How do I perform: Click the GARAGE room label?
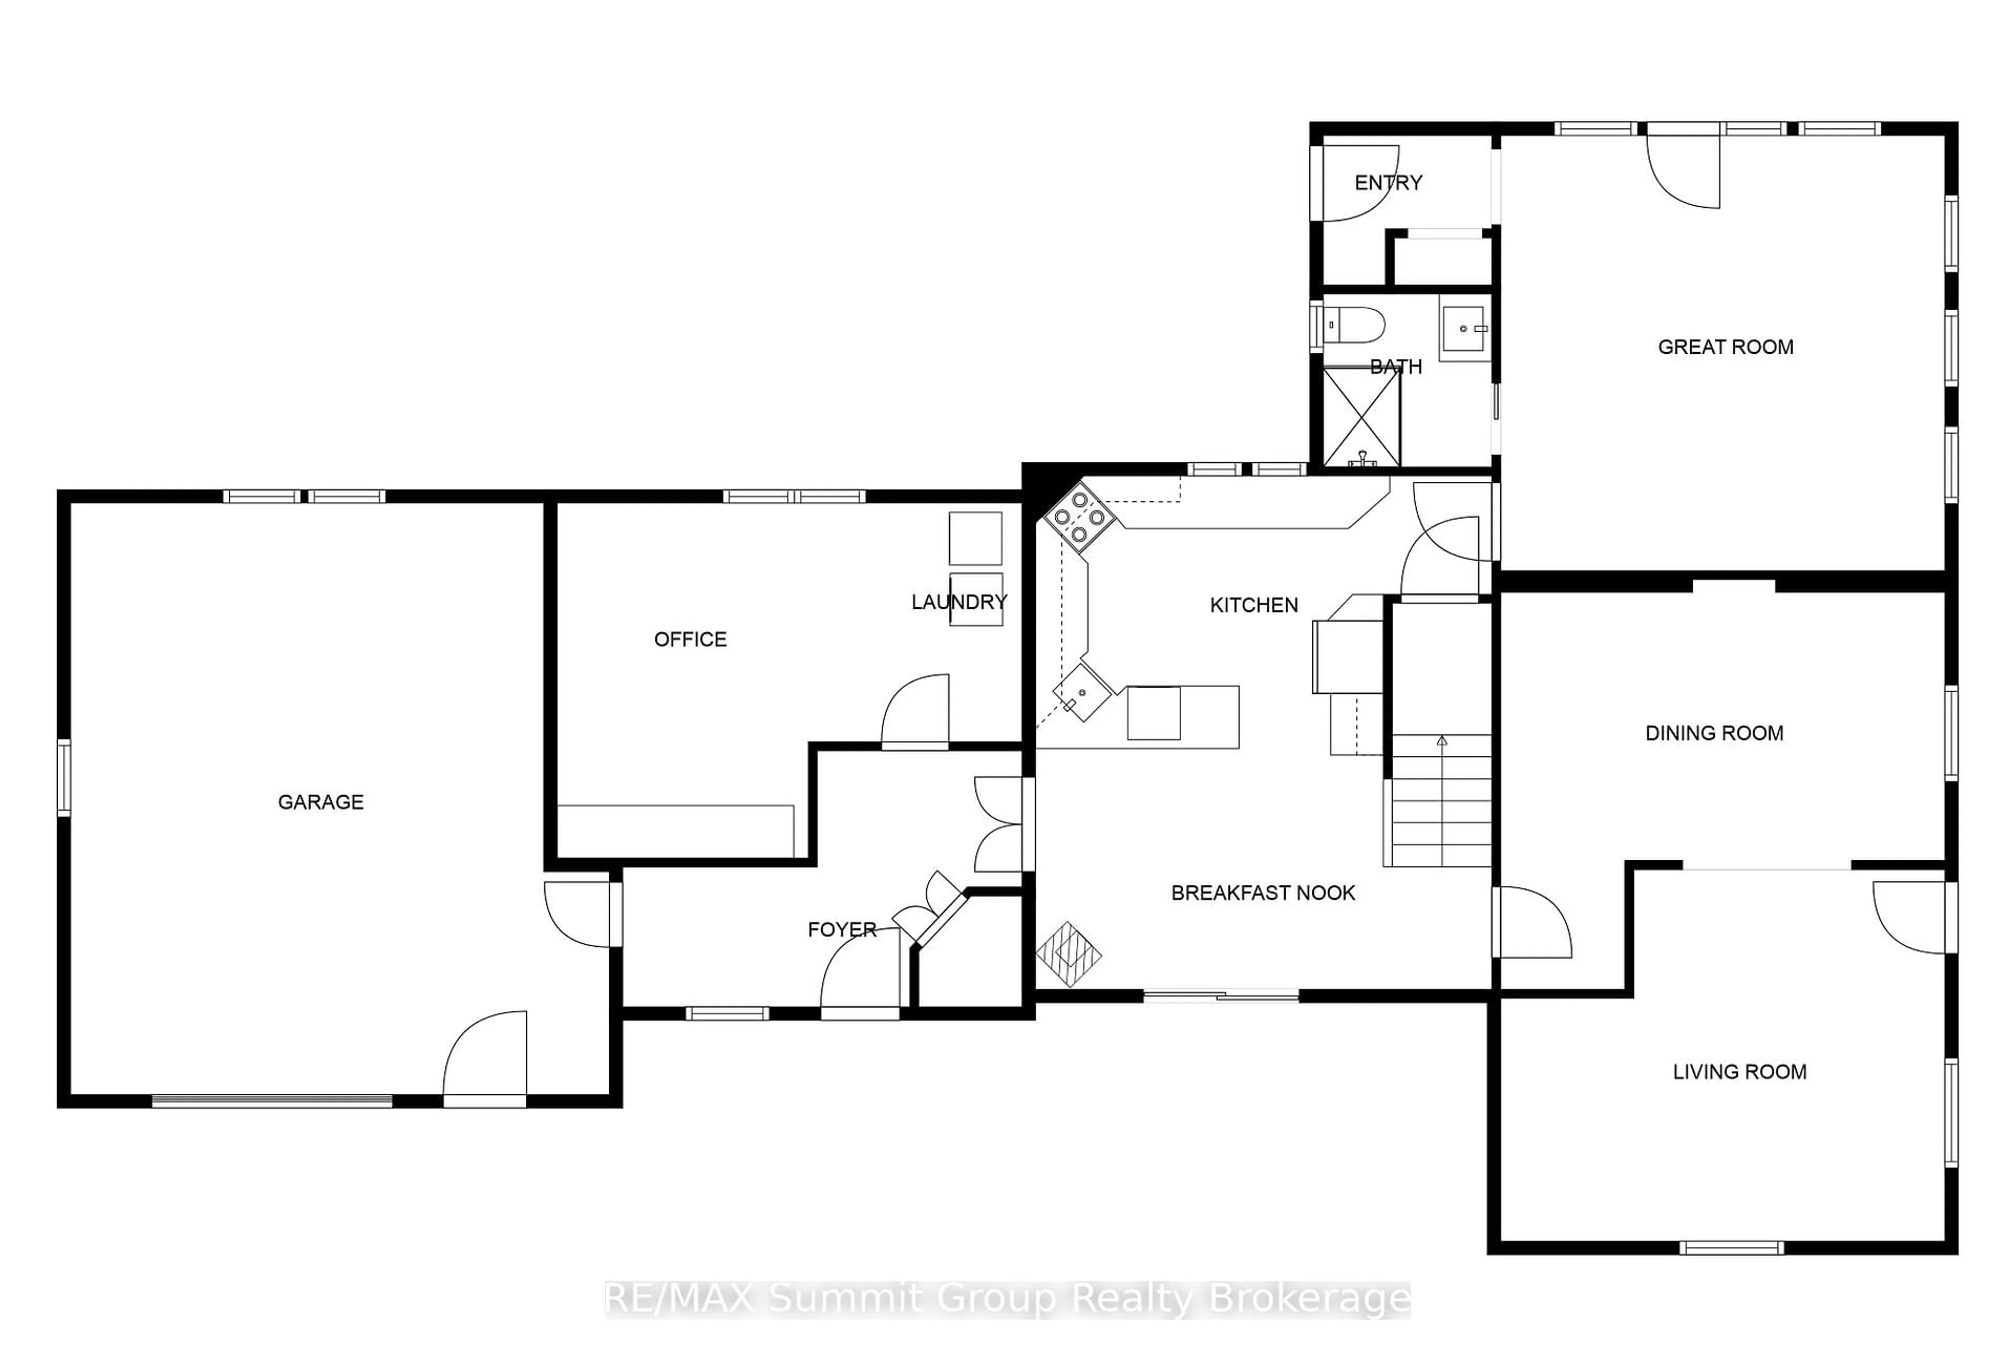click(x=320, y=802)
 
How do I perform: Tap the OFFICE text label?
click(x=690, y=639)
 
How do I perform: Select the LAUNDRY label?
click(x=959, y=602)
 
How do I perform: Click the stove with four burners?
click(x=1078, y=517)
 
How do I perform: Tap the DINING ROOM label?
click(x=1714, y=733)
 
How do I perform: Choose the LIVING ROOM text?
click(x=1740, y=1072)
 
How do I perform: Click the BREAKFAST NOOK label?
click(x=1263, y=892)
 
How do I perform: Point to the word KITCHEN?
click(x=1254, y=605)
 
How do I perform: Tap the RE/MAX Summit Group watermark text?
click(x=1008, y=1299)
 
